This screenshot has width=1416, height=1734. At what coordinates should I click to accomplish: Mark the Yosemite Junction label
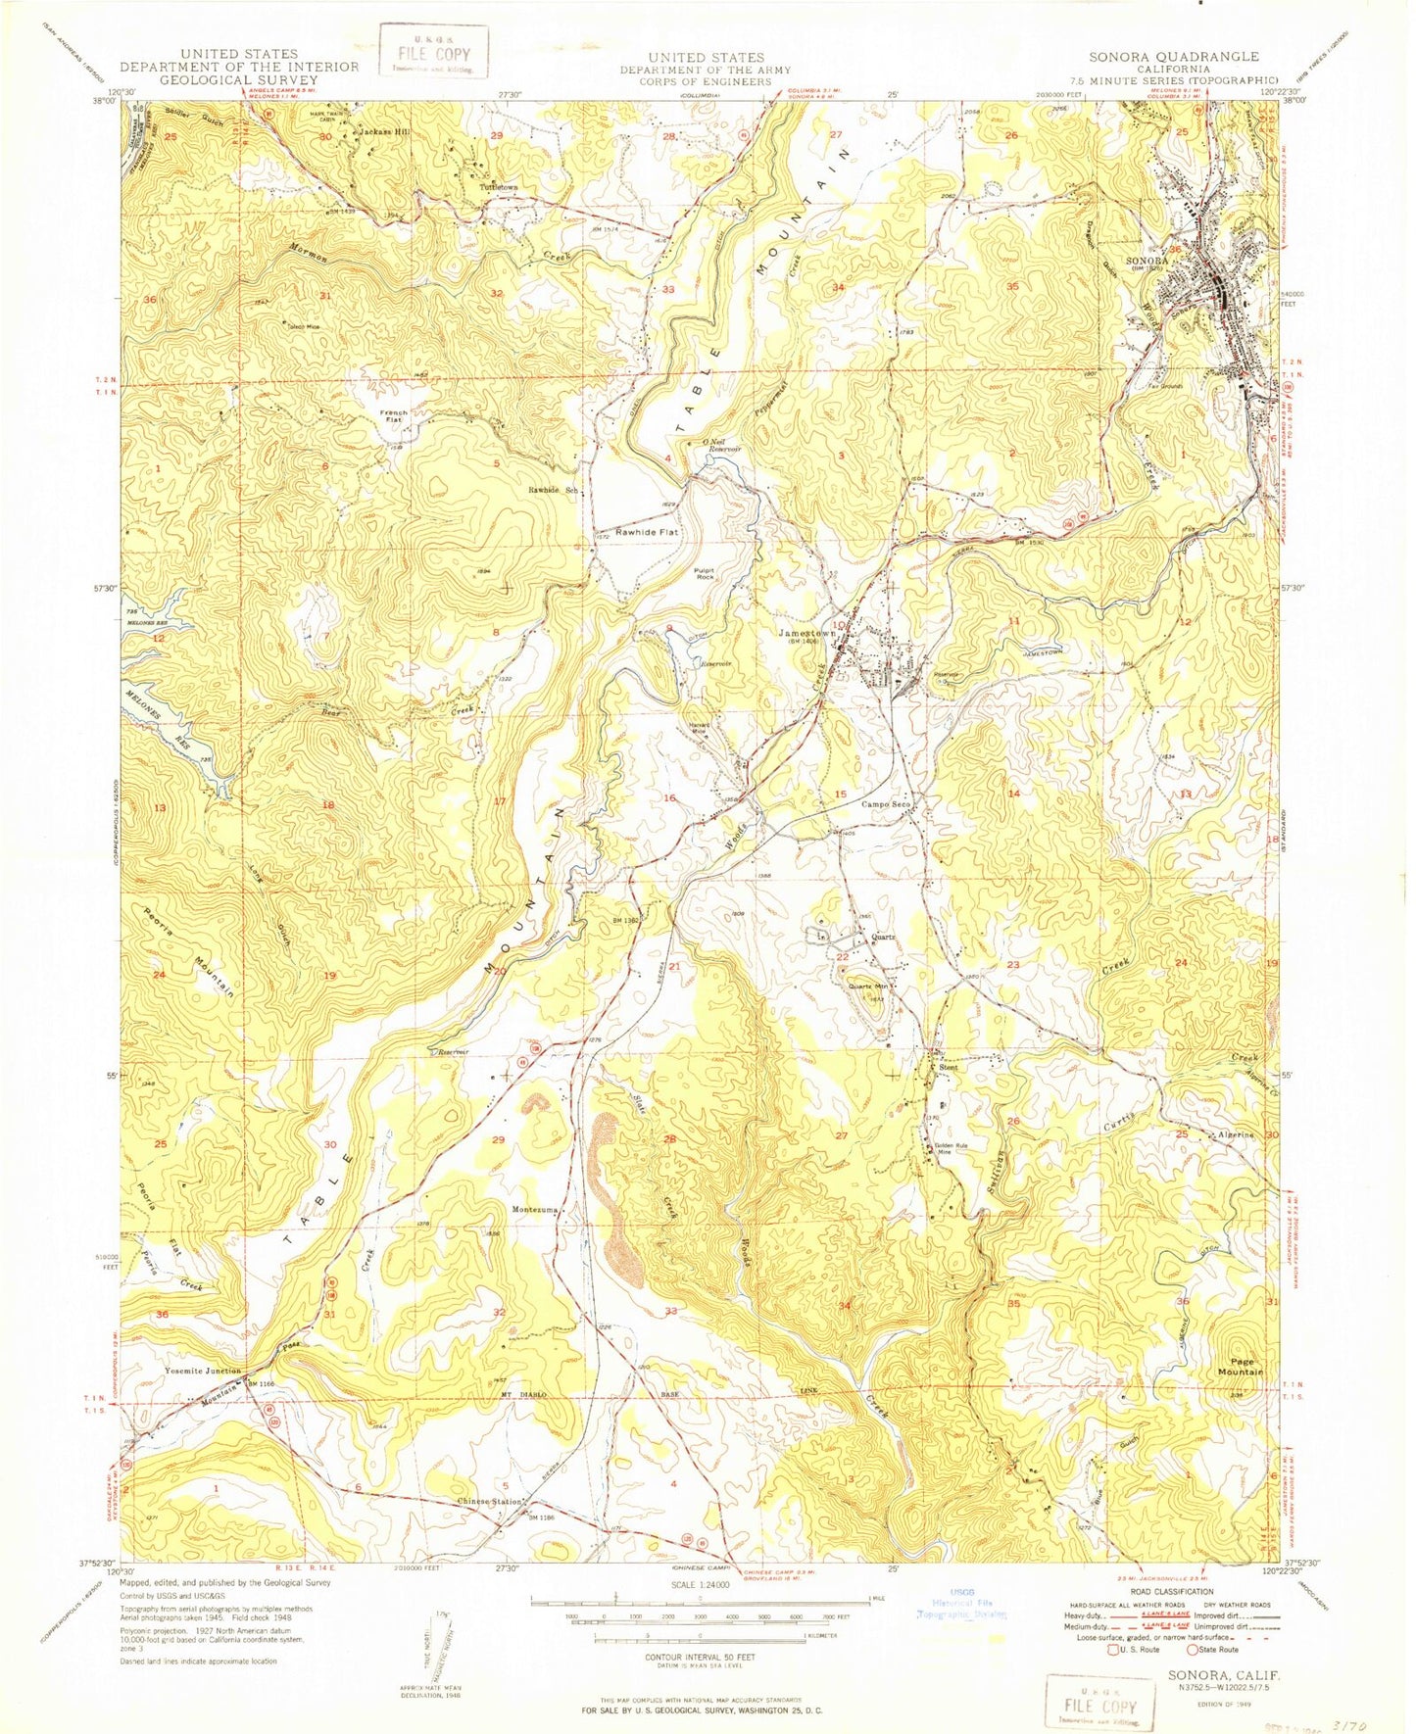click(204, 1371)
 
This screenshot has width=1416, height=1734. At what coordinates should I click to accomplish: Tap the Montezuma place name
click(534, 1210)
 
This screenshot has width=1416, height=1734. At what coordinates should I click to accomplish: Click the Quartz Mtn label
click(867, 987)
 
